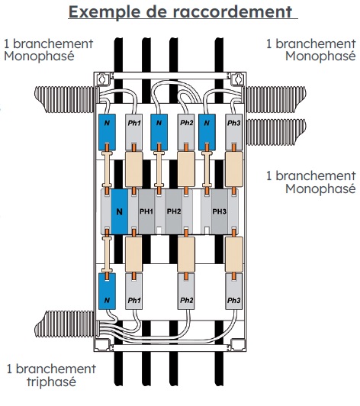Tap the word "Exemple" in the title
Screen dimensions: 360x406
105,12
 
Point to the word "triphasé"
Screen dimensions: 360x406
52,382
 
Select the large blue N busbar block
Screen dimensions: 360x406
120,211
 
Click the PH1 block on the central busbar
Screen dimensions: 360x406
146,211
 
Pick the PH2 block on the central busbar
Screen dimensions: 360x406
174,211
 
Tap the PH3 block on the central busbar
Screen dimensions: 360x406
220,211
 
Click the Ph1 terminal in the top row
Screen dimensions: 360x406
133,132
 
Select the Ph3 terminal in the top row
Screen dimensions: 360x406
233,132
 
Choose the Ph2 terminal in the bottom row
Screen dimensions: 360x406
186,292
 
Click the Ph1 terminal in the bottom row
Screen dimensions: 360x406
133,292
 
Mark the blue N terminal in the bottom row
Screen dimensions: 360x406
107,292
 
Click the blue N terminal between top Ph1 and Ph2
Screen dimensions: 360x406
159,132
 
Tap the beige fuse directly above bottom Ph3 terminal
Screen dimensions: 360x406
234,254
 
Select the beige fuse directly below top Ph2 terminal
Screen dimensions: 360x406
186,169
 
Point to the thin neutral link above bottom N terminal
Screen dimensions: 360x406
107,254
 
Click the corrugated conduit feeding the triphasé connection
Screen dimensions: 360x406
65,324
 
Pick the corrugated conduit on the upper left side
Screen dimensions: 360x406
66,100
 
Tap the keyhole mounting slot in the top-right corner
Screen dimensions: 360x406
238,78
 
